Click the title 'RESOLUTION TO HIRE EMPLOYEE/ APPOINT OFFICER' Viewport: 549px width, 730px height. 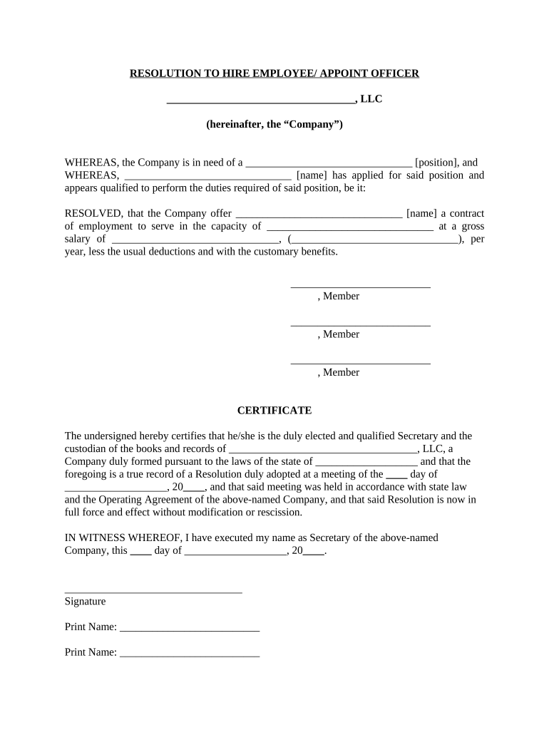[x=274, y=73]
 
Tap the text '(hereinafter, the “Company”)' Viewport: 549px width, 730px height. [x=274, y=125]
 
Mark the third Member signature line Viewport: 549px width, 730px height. [x=360, y=362]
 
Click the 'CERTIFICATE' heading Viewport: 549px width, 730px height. [x=274, y=411]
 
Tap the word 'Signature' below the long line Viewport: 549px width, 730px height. [x=85, y=601]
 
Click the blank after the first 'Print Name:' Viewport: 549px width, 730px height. [x=190, y=629]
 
